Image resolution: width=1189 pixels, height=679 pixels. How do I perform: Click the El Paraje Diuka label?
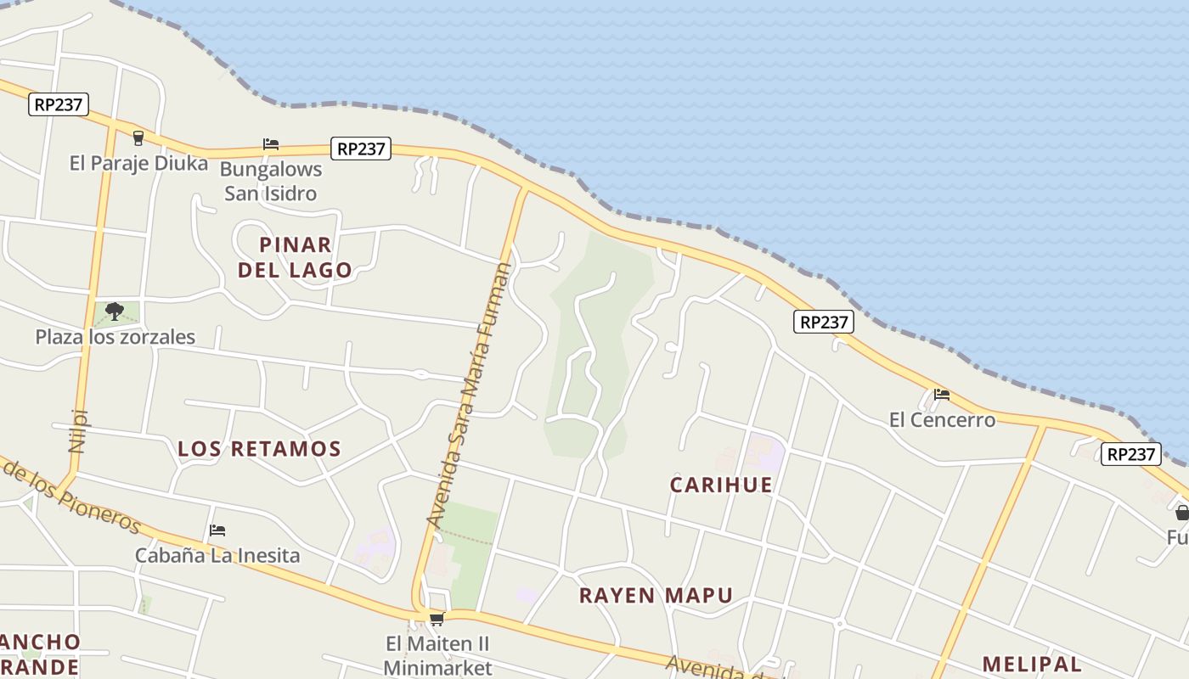(x=138, y=163)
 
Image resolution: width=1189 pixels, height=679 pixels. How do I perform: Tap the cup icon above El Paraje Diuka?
(x=138, y=137)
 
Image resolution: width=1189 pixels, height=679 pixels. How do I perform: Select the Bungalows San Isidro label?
(x=271, y=181)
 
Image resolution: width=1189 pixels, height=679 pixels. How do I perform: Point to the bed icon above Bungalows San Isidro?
(x=271, y=144)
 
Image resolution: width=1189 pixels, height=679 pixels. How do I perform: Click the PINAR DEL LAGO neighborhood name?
(x=295, y=257)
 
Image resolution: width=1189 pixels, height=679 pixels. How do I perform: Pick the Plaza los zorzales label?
(x=115, y=337)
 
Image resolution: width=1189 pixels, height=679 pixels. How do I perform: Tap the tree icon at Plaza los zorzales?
(x=115, y=311)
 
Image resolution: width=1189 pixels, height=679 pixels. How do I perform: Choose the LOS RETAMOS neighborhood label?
(x=259, y=449)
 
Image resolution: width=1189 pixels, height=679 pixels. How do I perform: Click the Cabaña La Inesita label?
(x=217, y=556)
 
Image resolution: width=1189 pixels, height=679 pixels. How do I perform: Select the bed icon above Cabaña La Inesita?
(x=217, y=530)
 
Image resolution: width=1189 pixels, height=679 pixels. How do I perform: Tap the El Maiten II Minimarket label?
(x=437, y=655)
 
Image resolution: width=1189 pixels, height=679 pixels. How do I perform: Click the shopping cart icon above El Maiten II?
(x=437, y=620)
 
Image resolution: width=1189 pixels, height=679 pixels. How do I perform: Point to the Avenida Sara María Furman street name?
(x=470, y=395)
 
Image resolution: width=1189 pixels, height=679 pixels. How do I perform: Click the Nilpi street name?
(x=78, y=431)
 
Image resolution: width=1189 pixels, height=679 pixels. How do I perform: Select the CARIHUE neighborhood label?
(x=721, y=485)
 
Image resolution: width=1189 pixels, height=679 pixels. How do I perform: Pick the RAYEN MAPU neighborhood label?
(x=656, y=595)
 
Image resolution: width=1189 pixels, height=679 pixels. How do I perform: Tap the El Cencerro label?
(x=942, y=419)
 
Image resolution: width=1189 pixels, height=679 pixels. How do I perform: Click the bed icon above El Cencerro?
(x=941, y=395)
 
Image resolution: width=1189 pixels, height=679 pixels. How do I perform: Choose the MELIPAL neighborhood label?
(x=1032, y=664)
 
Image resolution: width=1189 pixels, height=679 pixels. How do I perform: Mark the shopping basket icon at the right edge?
(x=1181, y=513)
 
